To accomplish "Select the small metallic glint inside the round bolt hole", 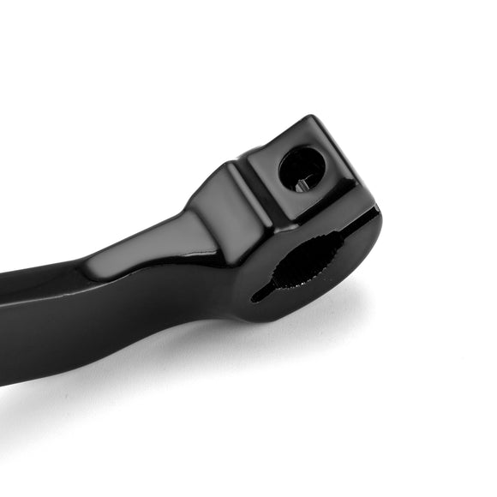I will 300,182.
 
